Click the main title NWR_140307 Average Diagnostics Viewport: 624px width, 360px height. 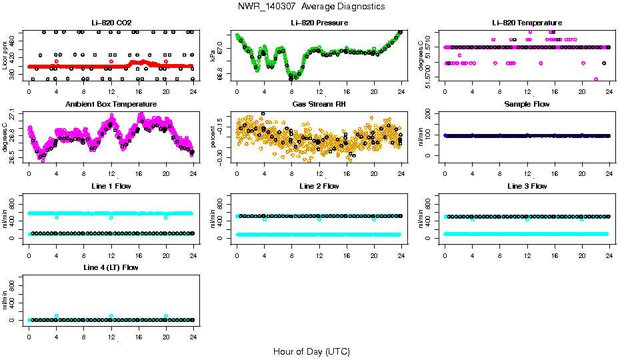click(311, 7)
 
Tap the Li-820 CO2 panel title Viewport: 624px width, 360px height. click(111, 23)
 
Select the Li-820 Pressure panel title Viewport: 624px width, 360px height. click(319, 23)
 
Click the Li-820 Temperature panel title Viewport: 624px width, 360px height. click(527, 23)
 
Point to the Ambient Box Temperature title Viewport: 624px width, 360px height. click(111, 105)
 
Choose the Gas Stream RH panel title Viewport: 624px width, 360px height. click(319, 105)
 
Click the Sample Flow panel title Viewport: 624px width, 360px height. click(527, 105)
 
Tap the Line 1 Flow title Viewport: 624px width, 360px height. click(111, 186)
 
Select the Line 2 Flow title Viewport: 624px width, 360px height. click(319, 186)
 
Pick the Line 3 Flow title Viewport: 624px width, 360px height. click(527, 186)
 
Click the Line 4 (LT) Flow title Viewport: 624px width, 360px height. click(111, 267)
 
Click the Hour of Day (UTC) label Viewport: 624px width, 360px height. click(311, 351)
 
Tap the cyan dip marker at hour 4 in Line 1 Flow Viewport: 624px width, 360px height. click(57, 217)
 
